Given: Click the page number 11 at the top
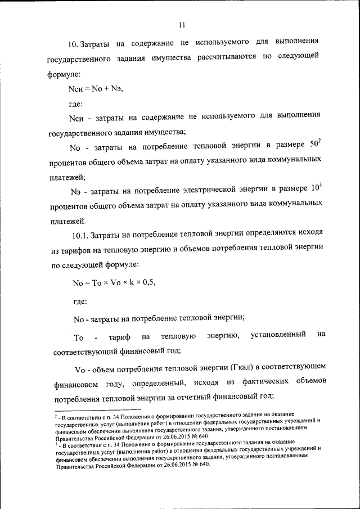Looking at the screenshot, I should click(181, 25).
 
